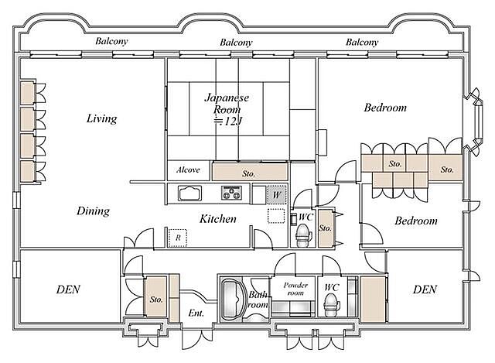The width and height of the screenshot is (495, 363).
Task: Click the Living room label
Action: pos(101,118)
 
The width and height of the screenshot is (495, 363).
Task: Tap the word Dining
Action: pos(93,211)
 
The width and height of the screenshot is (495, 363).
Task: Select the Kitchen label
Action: pos(218,218)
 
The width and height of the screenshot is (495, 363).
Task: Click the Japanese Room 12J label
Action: pos(227,109)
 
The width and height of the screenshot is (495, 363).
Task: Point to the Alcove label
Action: pos(188,170)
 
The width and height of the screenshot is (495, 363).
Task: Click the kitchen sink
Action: pos(189,193)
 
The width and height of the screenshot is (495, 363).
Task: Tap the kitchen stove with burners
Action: pos(232,193)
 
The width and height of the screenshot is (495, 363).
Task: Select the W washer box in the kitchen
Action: pos(277,194)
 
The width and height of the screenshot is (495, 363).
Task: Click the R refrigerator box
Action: pos(177,238)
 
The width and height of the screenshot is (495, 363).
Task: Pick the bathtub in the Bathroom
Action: pos(234,299)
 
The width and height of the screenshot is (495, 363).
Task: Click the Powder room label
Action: pos(295,289)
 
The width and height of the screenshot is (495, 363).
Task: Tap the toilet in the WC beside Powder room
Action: pos(332,304)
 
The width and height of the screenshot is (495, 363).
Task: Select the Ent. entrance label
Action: pos(196,313)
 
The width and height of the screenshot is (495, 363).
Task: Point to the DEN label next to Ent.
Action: pos(68,289)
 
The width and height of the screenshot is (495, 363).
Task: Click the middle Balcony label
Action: pos(236,43)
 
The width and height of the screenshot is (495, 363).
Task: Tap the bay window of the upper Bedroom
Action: pos(473,122)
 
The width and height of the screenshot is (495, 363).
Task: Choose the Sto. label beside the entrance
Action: pos(156,300)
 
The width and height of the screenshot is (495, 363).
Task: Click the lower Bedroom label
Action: pos(416,221)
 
